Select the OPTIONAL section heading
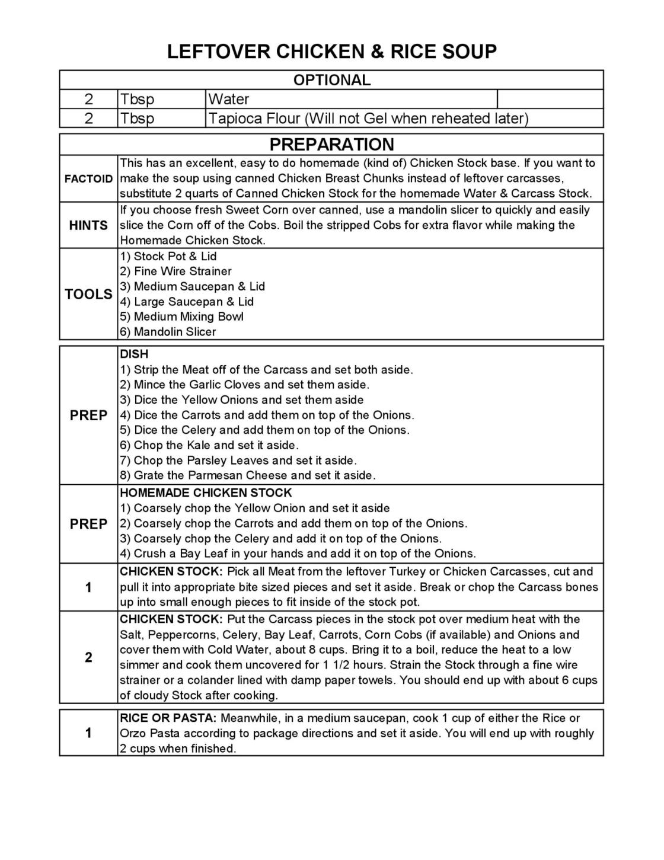click(x=331, y=80)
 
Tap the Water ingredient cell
click(x=228, y=99)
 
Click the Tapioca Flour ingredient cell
click(x=368, y=119)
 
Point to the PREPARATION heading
click(x=331, y=145)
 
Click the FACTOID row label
click(x=88, y=178)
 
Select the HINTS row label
click(x=88, y=225)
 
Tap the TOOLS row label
click(x=88, y=294)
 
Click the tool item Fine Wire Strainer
click(x=176, y=271)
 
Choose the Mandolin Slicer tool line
click(x=168, y=332)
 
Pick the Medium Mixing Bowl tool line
click(x=182, y=316)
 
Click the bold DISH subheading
click(x=134, y=354)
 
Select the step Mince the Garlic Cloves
click(x=244, y=385)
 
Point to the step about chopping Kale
click(x=209, y=445)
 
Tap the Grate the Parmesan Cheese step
click(x=248, y=475)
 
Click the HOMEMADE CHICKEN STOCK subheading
click(x=206, y=493)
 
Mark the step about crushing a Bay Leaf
click(x=298, y=554)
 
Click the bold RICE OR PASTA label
click(x=168, y=718)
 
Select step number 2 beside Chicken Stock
click(x=88, y=657)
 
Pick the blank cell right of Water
click(x=550, y=99)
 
